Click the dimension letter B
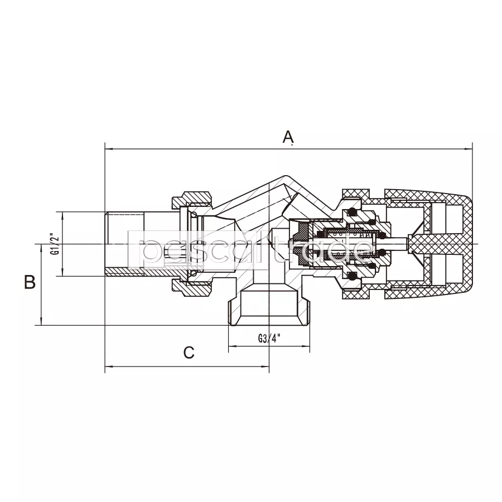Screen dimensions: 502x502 (x=30, y=282)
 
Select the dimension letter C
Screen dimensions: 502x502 (x=189, y=353)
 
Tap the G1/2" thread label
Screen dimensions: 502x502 (x=55, y=244)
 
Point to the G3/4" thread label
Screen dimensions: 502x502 (x=269, y=338)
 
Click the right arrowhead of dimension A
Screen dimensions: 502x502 (x=469, y=149)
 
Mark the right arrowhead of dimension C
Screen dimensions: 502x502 (x=265, y=366)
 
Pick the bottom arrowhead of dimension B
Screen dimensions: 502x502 (x=41, y=321)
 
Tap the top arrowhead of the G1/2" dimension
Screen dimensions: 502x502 (x=62, y=216)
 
